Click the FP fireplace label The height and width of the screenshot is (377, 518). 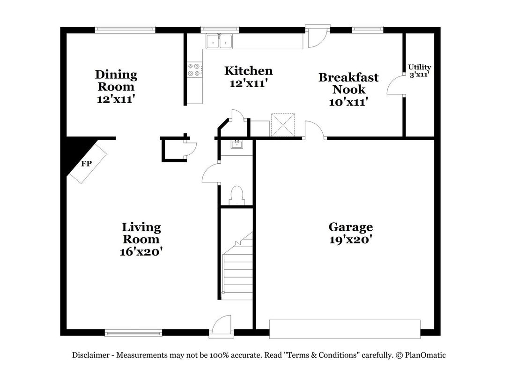[x=86, y=163]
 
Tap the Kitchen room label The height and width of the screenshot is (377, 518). [x=248, y=71]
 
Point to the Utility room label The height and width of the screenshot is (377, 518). [x=420, y=67]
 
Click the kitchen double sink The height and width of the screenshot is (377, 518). [x=219, y=41]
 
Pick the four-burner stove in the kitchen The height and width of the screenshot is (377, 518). [x=194, y=70]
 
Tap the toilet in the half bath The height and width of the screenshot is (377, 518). [x=236, y=196]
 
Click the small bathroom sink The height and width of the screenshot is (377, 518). [x=236, y=144]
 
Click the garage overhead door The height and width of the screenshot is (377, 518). [x=345, y=329]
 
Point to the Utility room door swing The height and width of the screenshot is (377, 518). [x=395, y=85]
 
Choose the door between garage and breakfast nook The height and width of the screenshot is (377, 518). [x=315, y=129]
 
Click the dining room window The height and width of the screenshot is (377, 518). [x=125, y=30]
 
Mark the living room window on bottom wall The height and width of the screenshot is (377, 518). [x=133, y=332]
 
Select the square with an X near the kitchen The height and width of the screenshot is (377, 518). [x=283, y=125]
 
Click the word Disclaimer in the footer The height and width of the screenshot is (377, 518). [x=90, y=355]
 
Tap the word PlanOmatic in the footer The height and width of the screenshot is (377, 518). [x=425, y=355]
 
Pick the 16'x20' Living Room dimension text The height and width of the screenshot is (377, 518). [x=141, y=252]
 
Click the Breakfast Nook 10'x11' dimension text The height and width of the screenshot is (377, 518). [x=348, y=102]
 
